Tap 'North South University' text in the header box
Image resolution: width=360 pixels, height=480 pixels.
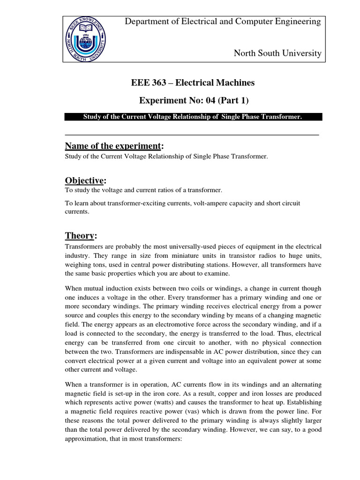pyautogui.click(x=277, y=53)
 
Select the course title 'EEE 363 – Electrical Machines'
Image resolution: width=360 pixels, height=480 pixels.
pyautogui.click(x=193, y=83)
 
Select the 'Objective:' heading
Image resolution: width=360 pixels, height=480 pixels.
pyautogui.click(x=85, y=181)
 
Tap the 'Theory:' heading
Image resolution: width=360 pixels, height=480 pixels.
pyautogui.click(x=81, y=236)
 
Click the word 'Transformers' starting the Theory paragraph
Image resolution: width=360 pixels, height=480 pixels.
pyautogui.click(x=82, y=247)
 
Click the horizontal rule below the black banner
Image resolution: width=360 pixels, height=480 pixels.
pyautogui.click(x=191, y=135)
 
